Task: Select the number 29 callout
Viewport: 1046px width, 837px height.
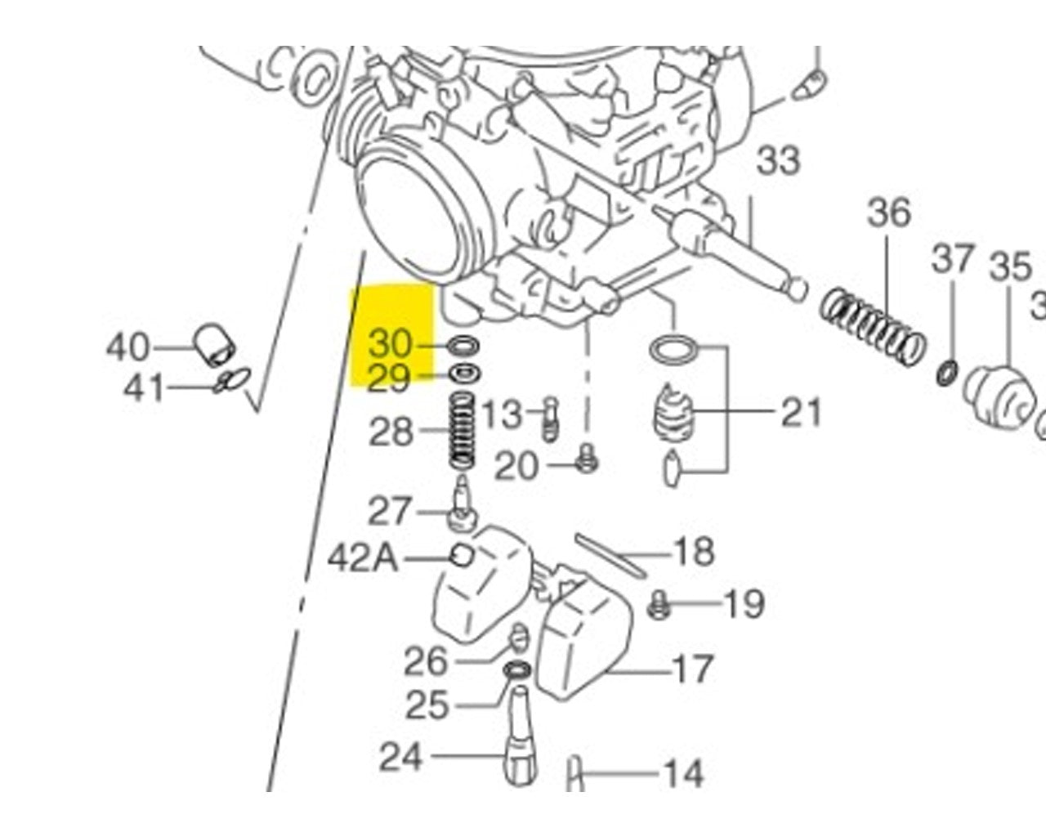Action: click(x=389, y=378)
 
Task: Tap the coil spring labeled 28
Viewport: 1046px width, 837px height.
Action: click(x=463, y=430)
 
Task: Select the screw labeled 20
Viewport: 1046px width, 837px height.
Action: click(x=586, y=461)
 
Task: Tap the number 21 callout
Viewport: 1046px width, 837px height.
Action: click(x=801, y=413)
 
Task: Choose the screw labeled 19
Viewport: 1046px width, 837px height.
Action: click(x=659, y=606)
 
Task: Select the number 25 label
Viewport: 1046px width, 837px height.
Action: click(x=427, y=704)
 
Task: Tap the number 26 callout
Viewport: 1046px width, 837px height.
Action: click(x=427, y=660)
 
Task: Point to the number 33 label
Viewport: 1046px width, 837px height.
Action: click(x=778, y=159)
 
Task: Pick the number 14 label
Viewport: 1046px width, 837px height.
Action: click(x=682, y=772)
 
